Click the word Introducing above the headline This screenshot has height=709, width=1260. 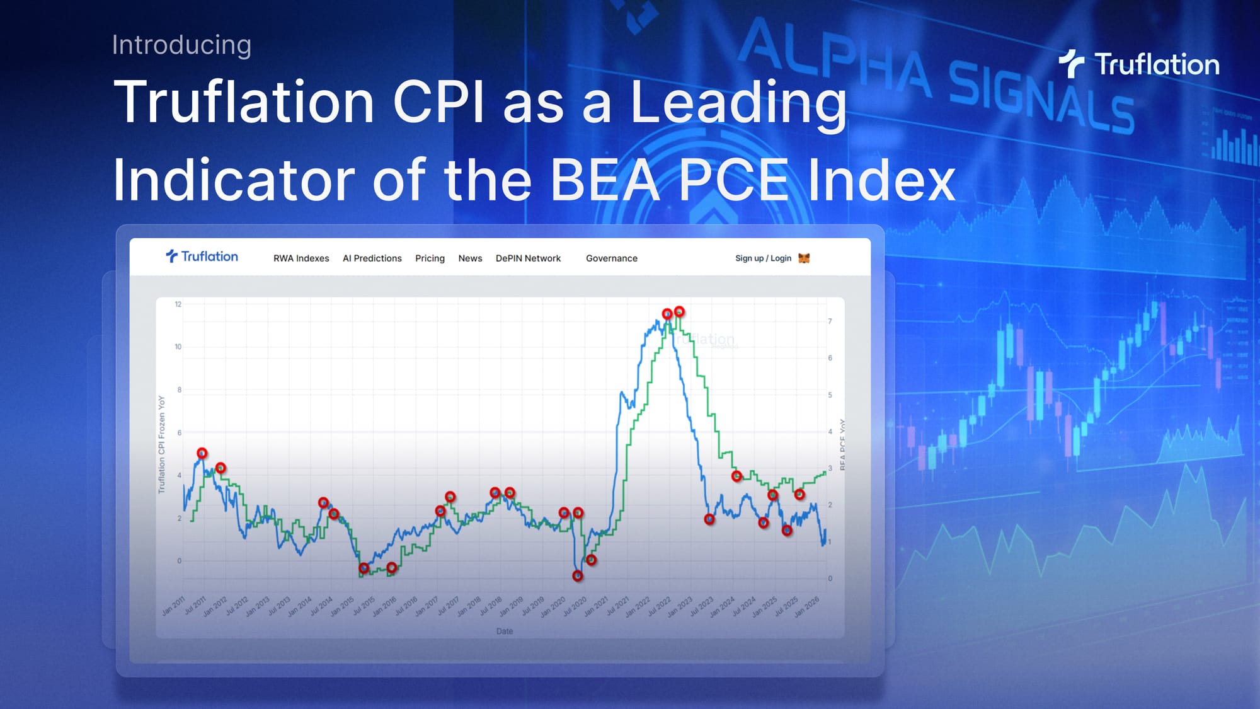pos(181,45)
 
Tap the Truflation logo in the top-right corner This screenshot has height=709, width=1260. pos(1139,64)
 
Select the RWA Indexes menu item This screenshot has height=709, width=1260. pos(301,258)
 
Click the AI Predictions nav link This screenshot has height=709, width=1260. pos(372,258)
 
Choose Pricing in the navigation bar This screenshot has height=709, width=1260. pos(430,258)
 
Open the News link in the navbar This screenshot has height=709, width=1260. pos(470,258)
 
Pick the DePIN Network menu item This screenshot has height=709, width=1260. pos(528,258)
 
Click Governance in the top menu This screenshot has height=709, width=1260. pos(611,258)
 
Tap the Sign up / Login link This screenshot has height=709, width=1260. pos(763,258)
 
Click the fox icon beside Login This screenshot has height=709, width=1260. pos(804,258)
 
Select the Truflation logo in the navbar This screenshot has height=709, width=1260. pos(202,257)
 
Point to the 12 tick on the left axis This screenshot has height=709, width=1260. pos(178,304)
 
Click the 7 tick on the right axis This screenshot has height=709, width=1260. pos(830,321)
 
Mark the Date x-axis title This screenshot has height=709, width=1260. pos(504,631)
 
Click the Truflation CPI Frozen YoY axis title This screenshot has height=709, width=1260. pos(161,444)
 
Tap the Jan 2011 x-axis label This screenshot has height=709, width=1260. pos(174,606)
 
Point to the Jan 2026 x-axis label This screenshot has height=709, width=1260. pos(807,606)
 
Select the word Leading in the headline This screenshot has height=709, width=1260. pos(738,102)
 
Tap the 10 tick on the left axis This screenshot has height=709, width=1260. pos(178,347)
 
